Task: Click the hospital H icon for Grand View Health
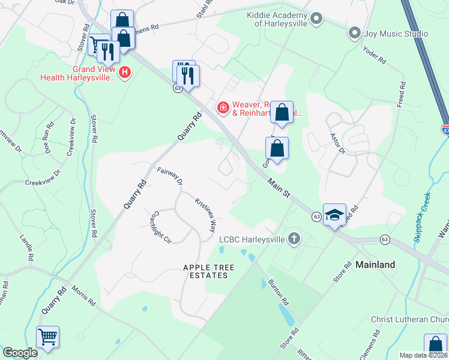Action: (125, 73)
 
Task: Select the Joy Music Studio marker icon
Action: (355, 34)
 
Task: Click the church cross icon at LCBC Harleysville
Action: (294, 239)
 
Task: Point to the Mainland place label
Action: (375, 264)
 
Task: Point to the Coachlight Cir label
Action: (162, 226)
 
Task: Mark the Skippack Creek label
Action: (422, 217)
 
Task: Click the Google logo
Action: (20, 353)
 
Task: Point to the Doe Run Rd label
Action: (49, 137)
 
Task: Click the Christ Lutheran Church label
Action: (409, 319)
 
